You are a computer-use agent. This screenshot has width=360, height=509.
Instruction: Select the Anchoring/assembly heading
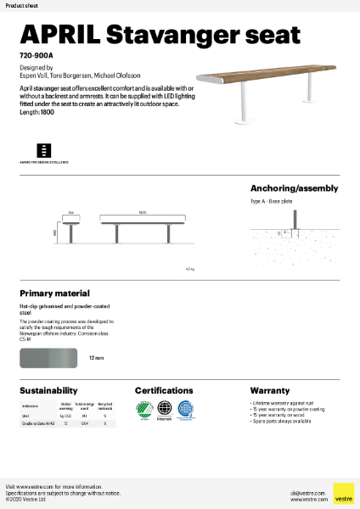[294, 188]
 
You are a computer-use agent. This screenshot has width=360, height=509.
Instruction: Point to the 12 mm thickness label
[97, 359]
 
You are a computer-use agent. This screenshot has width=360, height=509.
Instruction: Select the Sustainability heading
[49, 390]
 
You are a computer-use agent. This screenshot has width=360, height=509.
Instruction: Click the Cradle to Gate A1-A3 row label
[37, 422]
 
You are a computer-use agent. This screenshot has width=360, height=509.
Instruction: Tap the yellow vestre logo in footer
[343, 493]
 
